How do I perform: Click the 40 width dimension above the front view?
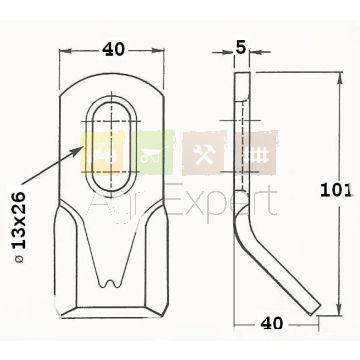point(113,50)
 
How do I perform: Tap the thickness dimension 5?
point(240,48)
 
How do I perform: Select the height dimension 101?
point(336,190)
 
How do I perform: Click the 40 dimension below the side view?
point(272,323)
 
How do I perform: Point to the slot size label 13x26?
point(19,220)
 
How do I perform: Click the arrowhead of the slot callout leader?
point(78,150)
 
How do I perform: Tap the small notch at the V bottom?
point(111,283)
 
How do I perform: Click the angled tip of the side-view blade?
point(315,309)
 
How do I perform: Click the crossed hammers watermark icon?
point(204,154)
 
